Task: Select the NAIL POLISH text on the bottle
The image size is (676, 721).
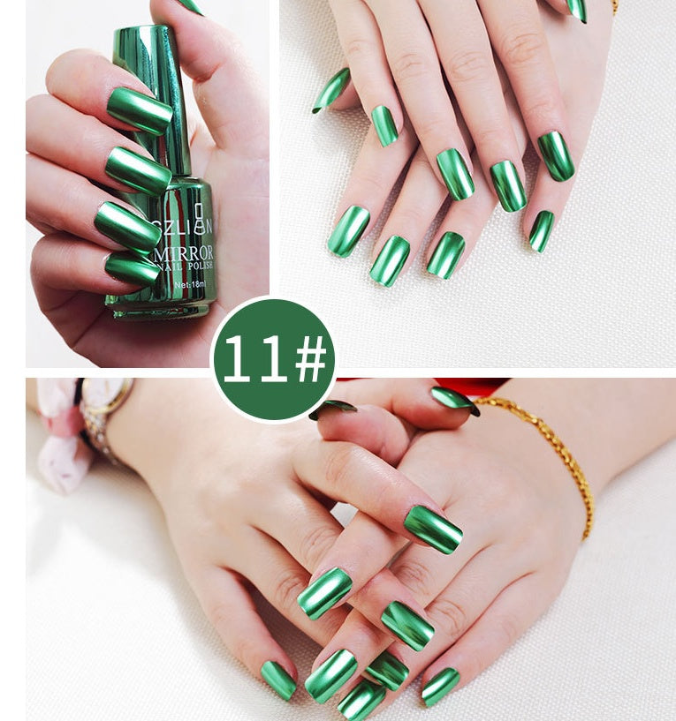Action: (x=189, y=268)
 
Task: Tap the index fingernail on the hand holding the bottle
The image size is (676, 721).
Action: (x=140, y=110)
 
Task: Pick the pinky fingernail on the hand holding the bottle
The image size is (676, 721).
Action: (x=132, y=268)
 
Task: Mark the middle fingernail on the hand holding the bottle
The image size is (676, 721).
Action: (x=137, y=170)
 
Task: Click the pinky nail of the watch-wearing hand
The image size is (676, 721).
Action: (x=278, y=680)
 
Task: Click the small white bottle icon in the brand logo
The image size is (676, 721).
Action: (x=198, y=210)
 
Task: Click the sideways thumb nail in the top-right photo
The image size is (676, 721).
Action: (x=331, y=90)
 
